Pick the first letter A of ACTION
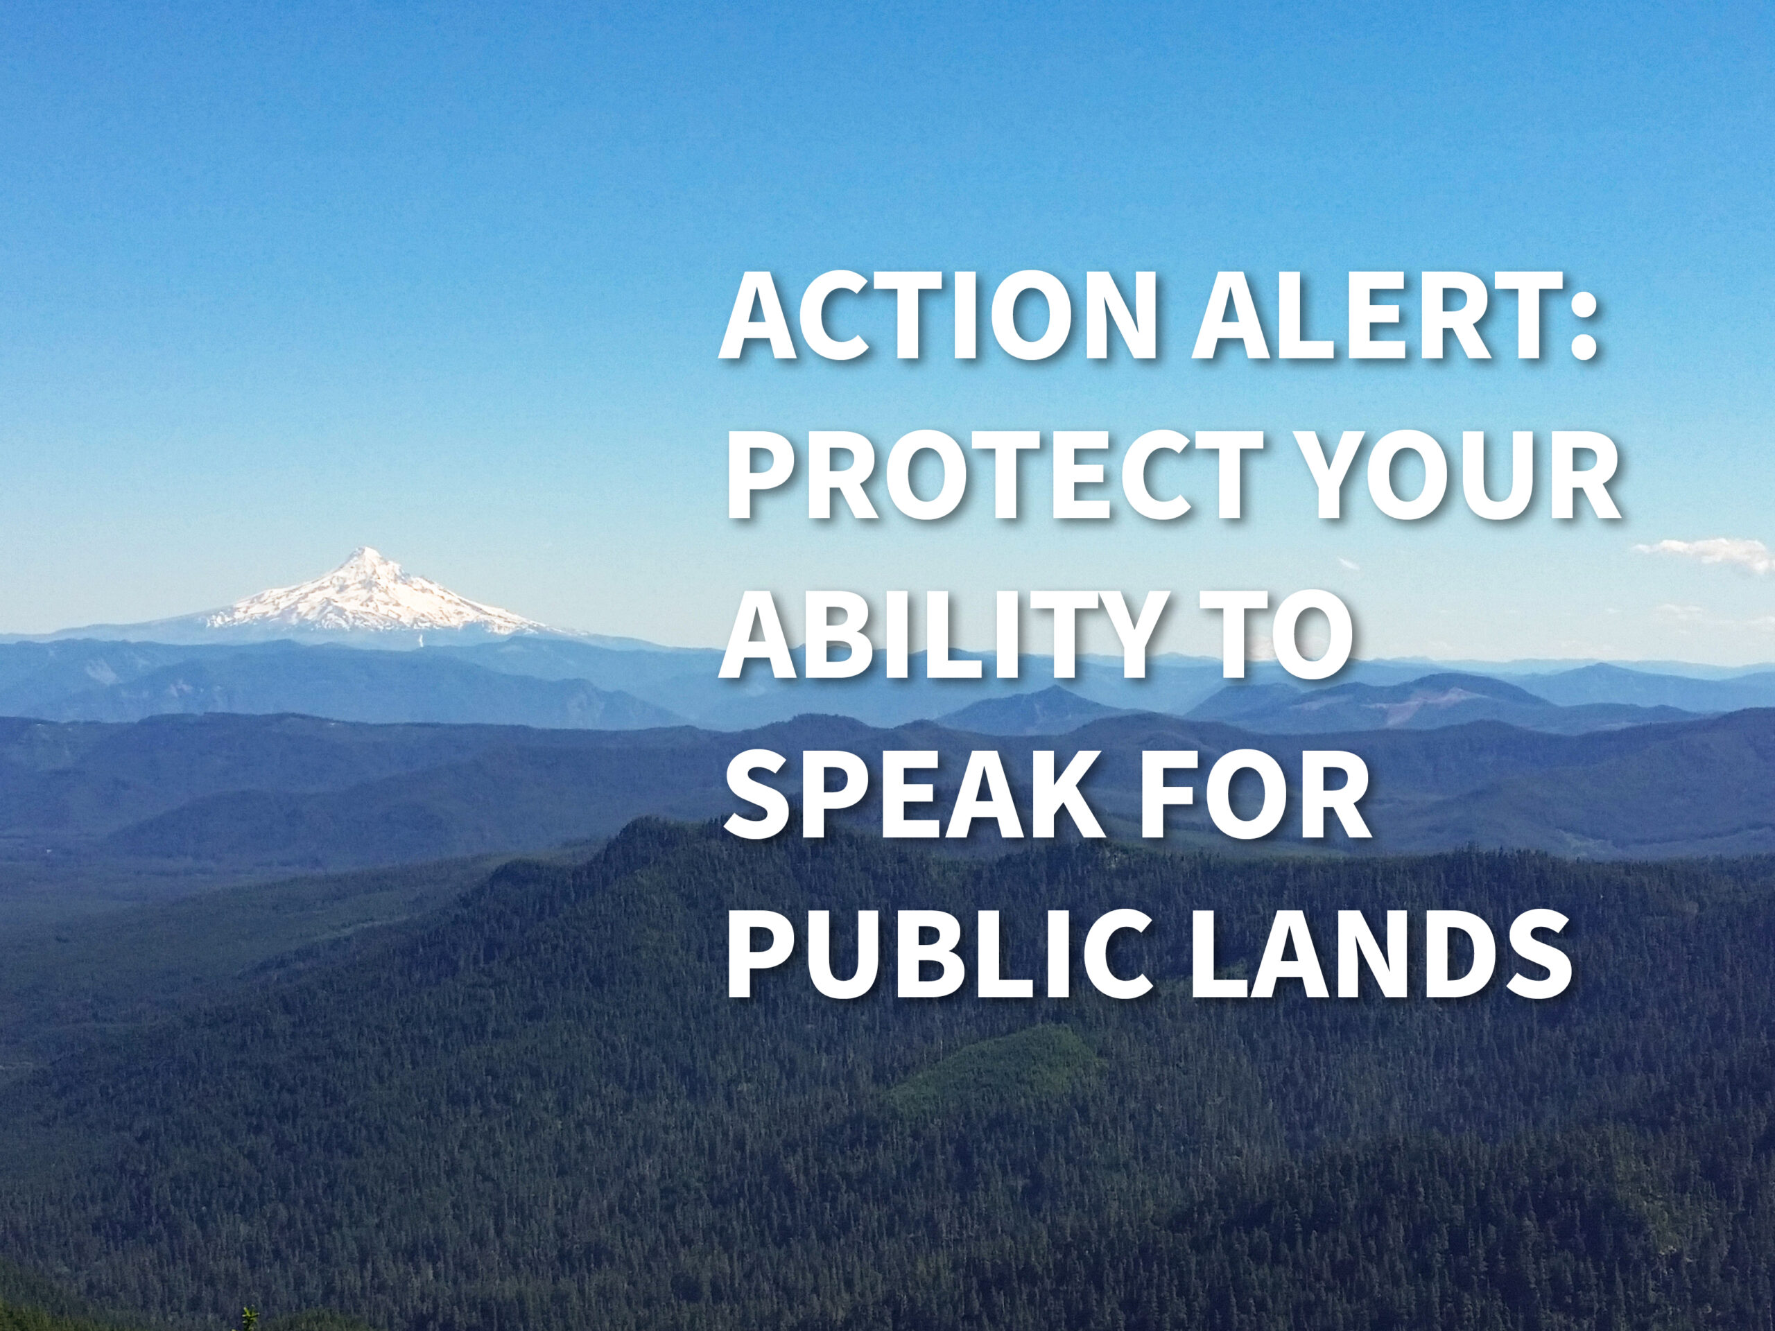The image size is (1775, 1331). click(759, 317)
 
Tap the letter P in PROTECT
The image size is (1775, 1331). click(761, 478)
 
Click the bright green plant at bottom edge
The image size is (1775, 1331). click(251, 1319)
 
